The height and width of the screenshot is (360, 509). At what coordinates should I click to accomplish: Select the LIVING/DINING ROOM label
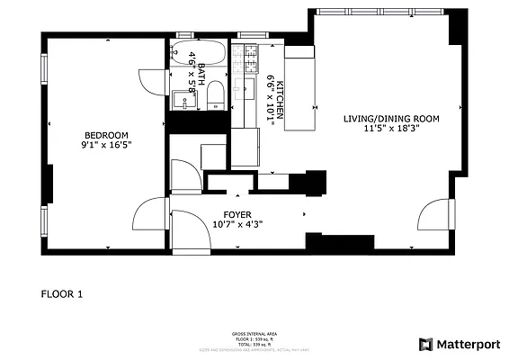(391, 119)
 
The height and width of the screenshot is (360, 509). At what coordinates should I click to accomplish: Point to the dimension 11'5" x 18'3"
(391, 129)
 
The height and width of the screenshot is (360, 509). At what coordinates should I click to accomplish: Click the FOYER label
(237, 214)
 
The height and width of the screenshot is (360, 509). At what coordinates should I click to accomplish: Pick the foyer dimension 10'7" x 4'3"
(237, 224)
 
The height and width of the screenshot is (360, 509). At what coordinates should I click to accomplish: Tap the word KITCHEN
(281, 98)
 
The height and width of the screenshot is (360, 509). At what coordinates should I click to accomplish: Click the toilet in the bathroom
(215, 95)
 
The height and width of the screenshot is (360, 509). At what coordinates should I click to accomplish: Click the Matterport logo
(458, 344)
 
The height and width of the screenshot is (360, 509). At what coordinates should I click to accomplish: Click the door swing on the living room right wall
(435, 217)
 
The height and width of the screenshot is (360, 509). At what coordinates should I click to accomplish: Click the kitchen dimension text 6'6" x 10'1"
(270, 98)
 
